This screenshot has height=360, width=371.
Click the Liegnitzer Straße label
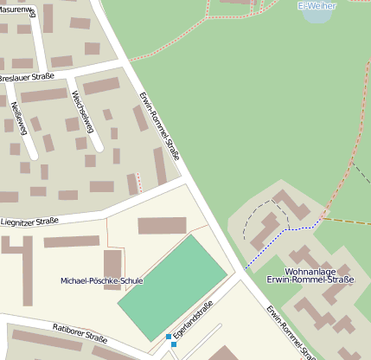tap(29, 222)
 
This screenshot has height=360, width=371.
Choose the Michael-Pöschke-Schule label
tap(102, 281)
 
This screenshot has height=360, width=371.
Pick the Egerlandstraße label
tap(192, 321)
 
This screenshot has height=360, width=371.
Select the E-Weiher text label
tap(316, 6)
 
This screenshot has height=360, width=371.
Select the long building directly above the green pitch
tap(163, 225)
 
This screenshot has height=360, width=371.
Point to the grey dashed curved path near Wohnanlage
tap(249, 222)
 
